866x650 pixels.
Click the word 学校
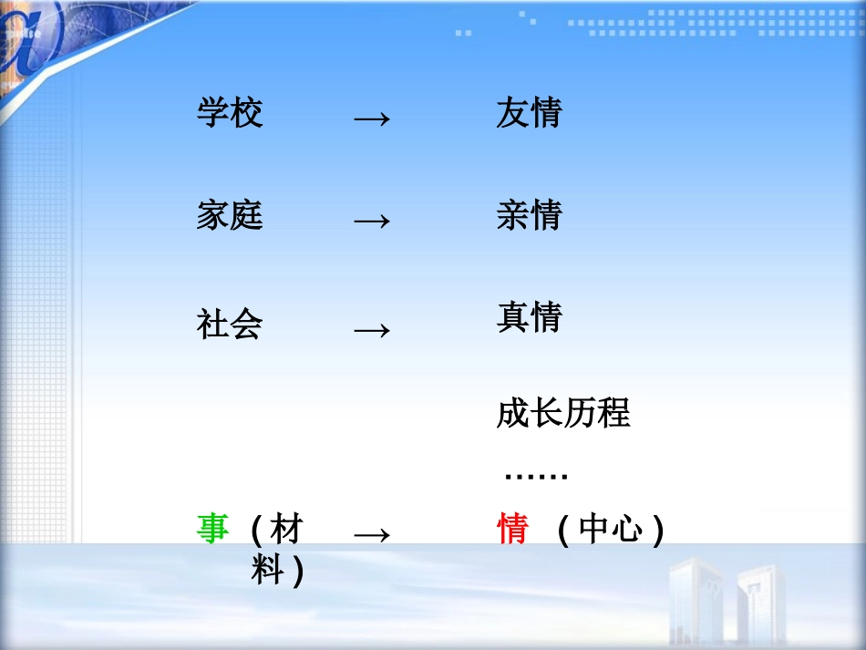point(230,113)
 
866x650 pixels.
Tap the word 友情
point(529,113)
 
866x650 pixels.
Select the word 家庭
point(230,216)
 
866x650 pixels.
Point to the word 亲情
point(529,216)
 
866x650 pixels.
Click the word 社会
point(230,324)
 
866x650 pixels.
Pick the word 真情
point(529,317)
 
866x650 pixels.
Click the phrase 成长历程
point(562,413)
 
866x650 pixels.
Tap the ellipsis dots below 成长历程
point(536,476)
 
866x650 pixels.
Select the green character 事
point(212,529)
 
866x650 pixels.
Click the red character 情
point(512,529)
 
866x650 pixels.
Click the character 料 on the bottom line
point(268,572)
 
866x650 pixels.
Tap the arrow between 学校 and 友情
point(371,119)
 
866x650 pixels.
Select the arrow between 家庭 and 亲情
point(371,221)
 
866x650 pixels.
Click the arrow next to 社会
point(371,329)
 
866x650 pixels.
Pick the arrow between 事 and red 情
point(371,535)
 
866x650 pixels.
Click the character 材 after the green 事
point(285,529)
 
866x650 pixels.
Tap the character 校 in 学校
point(246,113)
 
